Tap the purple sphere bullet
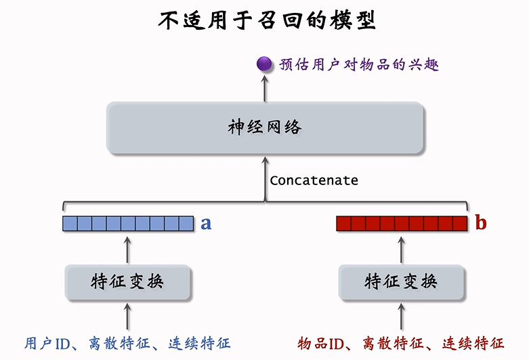tap(264, 65)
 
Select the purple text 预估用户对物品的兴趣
tap(359, 65)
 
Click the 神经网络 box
tap(265, 127)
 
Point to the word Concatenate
tap(314, 180)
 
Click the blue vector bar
tap(128, 223)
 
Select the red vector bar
tap(402, 223)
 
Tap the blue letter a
tap(206, 223)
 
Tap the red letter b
tap(480, 223)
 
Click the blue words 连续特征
tap(198, 343)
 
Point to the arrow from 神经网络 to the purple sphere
tap(264, 87)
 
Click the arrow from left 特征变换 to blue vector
tap(128, 248)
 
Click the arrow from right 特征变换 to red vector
tap(402, 248)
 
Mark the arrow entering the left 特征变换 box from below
tap(128, 317)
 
